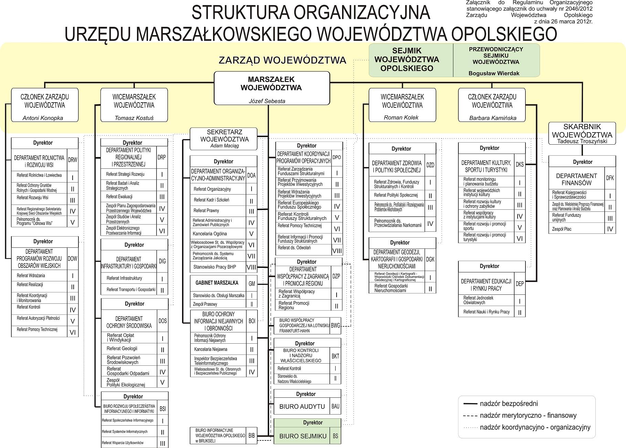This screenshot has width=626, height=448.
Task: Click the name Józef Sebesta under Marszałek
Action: tap(267, 101)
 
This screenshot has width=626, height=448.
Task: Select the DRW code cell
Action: tap(72, 160)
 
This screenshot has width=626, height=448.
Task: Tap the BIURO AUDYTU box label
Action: tap(302, 407)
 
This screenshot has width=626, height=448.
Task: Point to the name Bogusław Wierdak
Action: tap(494, 73)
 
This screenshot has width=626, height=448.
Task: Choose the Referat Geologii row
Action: tap(122, 349)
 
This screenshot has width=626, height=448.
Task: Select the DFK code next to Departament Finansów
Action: tap(610, 178)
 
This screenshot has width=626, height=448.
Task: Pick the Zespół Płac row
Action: tap(562, 229)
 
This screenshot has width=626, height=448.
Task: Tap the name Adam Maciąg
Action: tap(224, 146)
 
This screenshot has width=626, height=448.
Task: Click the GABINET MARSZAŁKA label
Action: tap(217, 283)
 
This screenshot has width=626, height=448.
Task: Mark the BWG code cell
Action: tap(335, 325)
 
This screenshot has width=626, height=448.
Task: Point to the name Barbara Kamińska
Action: tap(492, 118)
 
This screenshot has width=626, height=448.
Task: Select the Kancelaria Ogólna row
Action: tap(210, 233)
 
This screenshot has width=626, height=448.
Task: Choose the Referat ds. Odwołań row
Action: tap(294, 248)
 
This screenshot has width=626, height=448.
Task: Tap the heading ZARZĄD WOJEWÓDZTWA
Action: tap(282, 61)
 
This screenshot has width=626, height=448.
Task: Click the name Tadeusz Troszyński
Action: tap(582, 141)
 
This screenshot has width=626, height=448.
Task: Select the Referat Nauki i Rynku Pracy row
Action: tap(486, 312)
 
